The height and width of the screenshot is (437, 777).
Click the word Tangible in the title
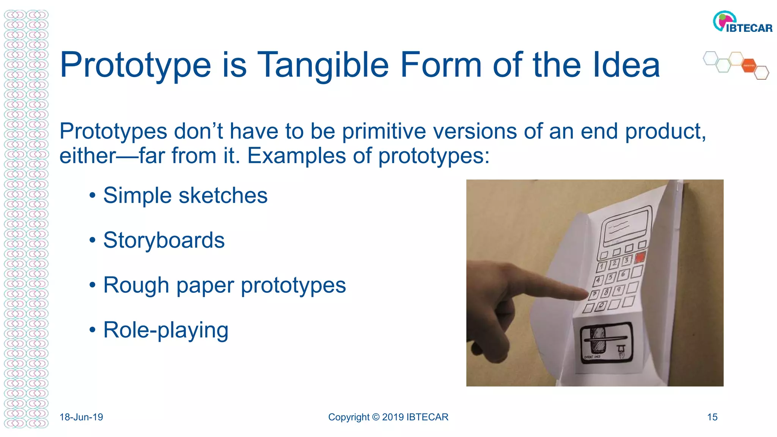point(323,65)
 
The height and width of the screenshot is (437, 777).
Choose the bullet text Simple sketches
point(185,195)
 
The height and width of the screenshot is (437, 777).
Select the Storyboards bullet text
point(164,240)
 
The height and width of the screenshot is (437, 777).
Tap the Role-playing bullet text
point(166,330)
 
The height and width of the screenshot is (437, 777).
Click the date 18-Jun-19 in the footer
point(81,417)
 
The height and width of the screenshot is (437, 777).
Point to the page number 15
point(712,417)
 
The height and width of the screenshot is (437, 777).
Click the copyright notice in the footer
point(388,417)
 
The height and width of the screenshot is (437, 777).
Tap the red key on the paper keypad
point(640,258)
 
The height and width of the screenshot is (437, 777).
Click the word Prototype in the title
point(135,65)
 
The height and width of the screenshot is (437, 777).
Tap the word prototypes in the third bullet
point(293,285)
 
